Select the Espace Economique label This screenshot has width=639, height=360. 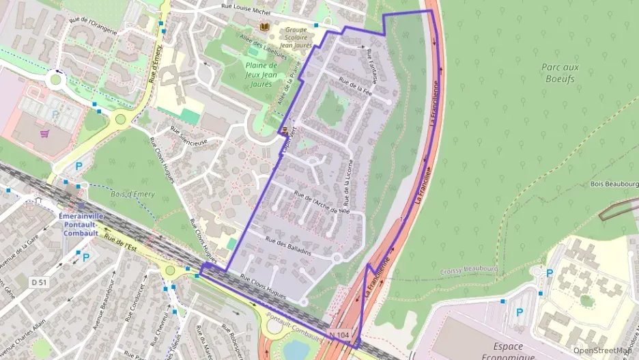493,351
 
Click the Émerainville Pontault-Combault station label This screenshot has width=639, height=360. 83,224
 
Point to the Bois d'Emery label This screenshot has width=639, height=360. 132,195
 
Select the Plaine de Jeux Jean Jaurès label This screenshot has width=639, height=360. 258,74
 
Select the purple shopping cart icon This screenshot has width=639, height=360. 44,134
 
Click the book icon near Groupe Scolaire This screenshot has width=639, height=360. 264,27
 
